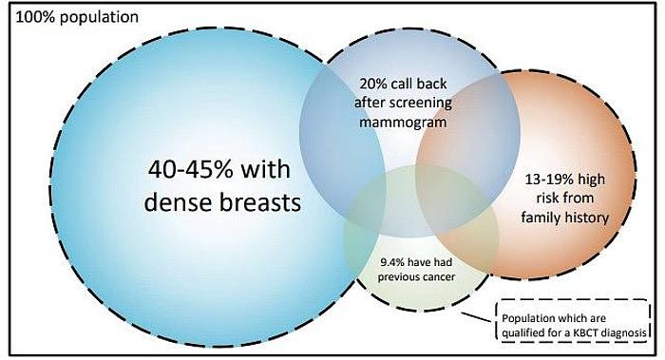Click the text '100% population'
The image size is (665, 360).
pos(57,17)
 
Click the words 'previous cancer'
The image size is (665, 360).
pos(417,276)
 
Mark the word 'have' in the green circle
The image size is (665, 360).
pos(425,261)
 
